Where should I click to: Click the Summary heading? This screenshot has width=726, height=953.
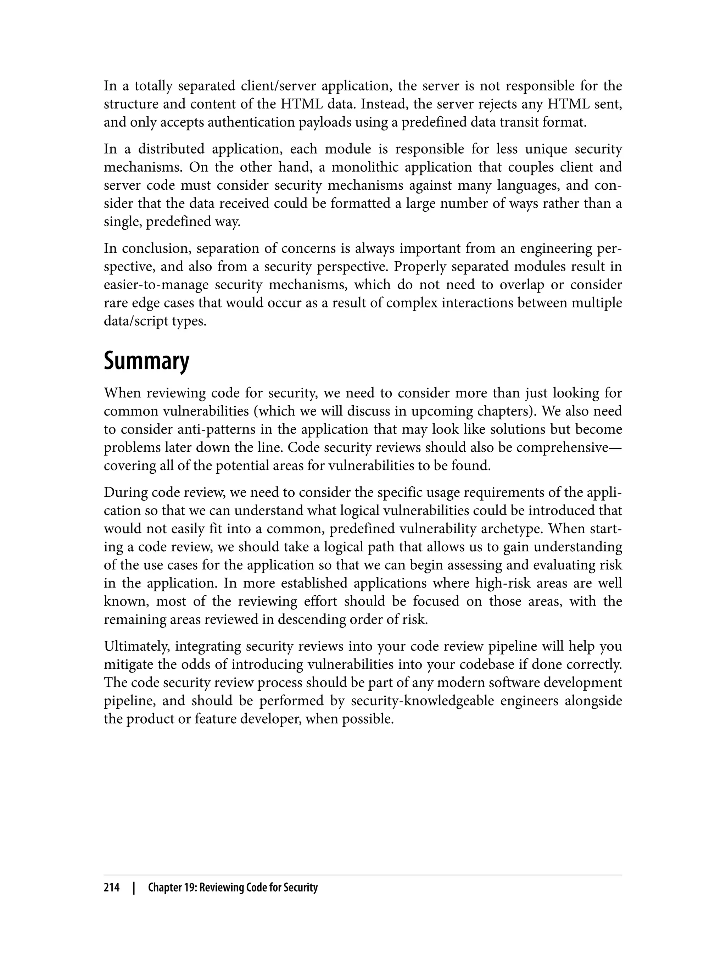(x=146, y=361)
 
